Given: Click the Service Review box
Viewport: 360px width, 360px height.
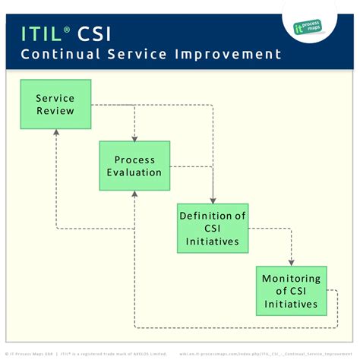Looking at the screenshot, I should pos(55,105).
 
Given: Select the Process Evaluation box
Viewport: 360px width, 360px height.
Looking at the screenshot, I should pos(134,166).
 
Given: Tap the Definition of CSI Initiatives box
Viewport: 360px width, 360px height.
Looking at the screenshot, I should pos(213,227).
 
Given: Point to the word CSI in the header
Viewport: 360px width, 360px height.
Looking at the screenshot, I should pos(99,33).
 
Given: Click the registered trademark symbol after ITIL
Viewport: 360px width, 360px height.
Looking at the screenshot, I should pos(68,28).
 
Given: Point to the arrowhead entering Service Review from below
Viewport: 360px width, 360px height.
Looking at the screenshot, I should pos(55,131).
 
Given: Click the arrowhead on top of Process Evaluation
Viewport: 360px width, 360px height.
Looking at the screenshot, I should pos(134,139).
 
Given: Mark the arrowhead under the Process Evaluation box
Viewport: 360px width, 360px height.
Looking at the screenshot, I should pos(134,194).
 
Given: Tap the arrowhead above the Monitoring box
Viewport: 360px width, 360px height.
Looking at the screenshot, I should pos(291,263).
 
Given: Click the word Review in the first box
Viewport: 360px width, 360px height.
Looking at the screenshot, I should pos(55,111).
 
